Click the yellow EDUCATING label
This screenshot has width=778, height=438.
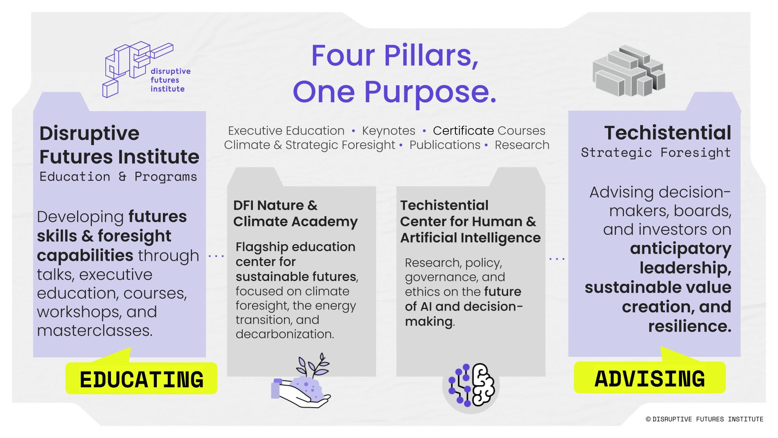point(141,379)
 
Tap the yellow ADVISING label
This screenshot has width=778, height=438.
point(650,378)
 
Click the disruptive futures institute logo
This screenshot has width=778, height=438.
point(146,69)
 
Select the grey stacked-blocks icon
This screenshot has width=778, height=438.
point(628,71)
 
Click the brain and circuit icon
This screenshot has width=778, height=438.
point(471,385)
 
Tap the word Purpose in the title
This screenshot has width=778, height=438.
point(430,92)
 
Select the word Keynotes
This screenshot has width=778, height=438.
point(389,131)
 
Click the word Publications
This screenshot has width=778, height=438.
point(445,145)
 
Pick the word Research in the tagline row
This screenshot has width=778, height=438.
point(522,145)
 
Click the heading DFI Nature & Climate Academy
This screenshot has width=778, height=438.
point(295,213)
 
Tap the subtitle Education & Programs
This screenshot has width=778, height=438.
point(118,176)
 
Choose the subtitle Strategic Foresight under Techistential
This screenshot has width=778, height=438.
point(656,152)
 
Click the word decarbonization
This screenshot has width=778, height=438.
point(285,334)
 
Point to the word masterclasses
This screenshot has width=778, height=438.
point(95,330)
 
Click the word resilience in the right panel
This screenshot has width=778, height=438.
point(690,326)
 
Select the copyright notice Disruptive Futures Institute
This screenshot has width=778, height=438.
point(704,419)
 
